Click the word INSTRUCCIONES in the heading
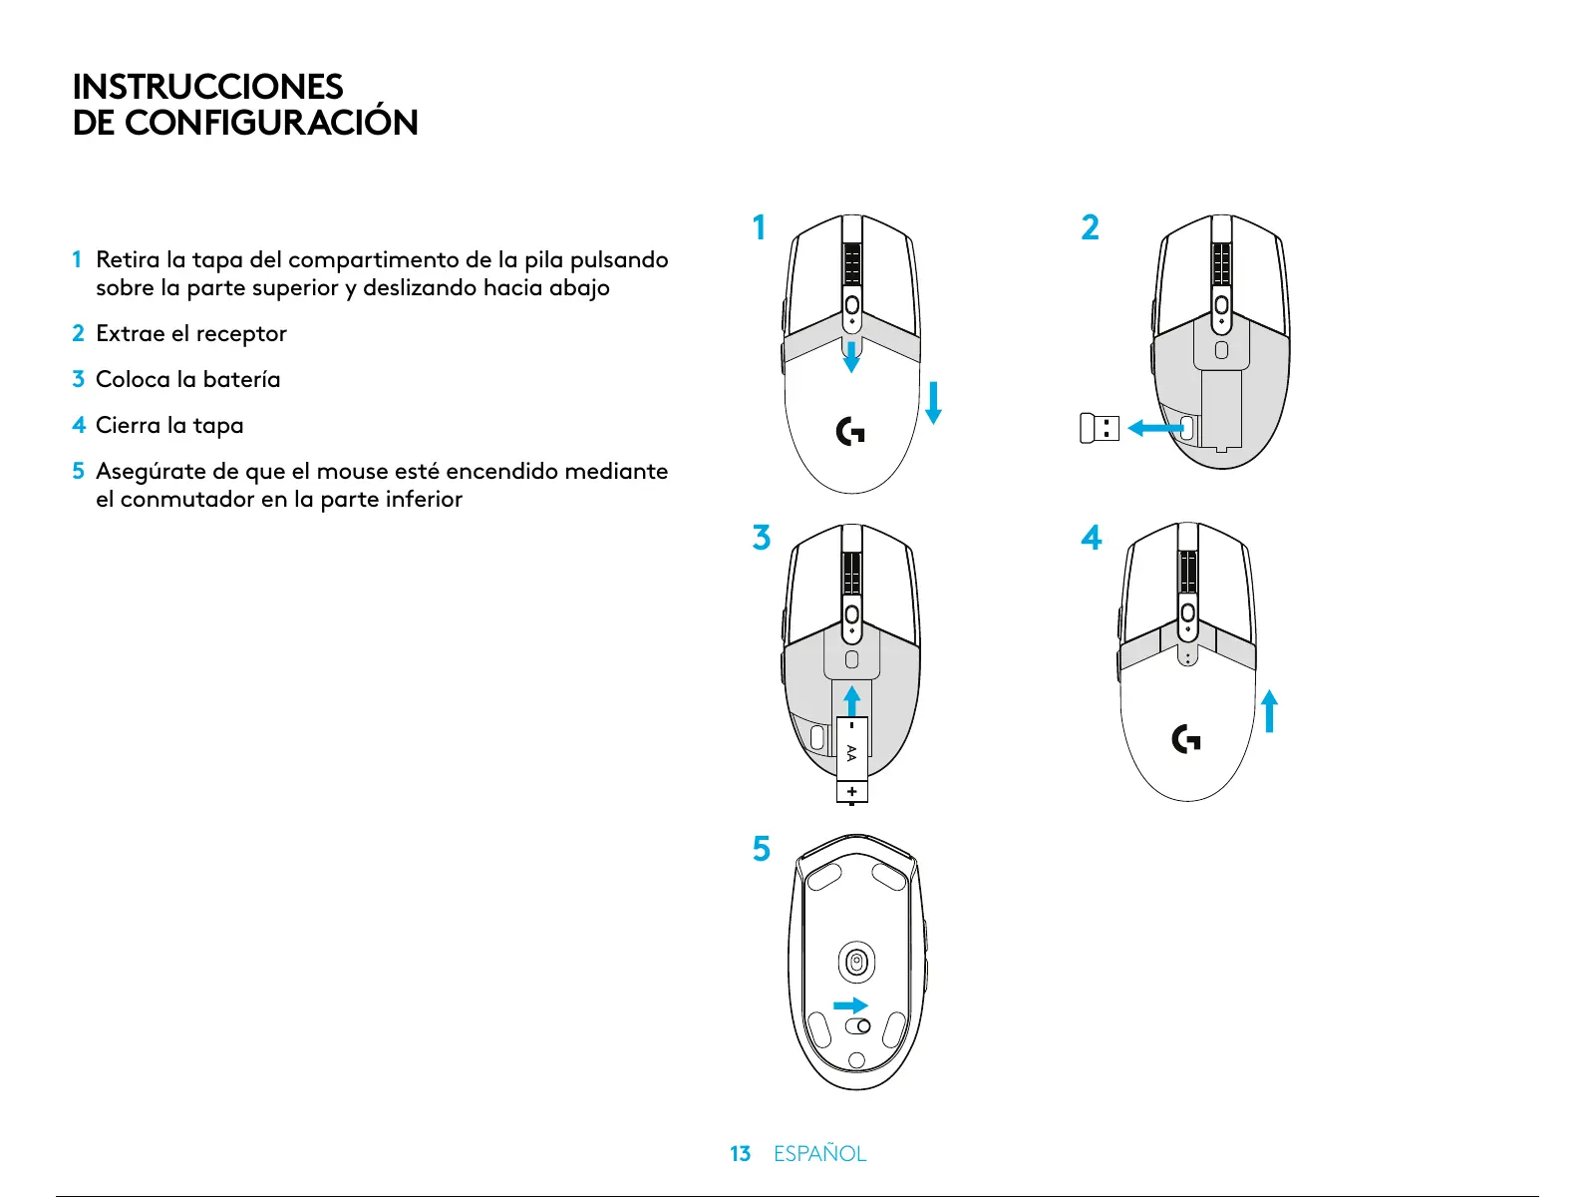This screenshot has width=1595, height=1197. [207, 87]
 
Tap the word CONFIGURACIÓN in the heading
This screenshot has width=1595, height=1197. [271, 123]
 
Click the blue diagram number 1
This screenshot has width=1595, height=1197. [760, 227]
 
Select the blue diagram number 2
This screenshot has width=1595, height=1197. [1091, 227]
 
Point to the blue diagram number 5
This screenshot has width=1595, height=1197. [762, 849]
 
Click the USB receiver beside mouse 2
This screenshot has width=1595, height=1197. [1100, 428]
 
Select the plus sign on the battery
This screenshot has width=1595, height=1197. [851, 792]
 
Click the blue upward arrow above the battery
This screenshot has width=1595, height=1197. [851, 699]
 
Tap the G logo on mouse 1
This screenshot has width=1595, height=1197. [850, 432]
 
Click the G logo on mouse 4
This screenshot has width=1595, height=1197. [1186, 739]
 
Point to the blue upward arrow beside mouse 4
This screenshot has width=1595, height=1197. [1269, 711]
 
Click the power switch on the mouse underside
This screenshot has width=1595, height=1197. [857, 1026]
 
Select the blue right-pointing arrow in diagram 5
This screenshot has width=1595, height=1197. [850, 1005]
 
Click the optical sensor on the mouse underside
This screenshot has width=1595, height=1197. [856, 963]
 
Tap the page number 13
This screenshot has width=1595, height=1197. [740, 1154]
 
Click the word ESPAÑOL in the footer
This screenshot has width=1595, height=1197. [819, 1154]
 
